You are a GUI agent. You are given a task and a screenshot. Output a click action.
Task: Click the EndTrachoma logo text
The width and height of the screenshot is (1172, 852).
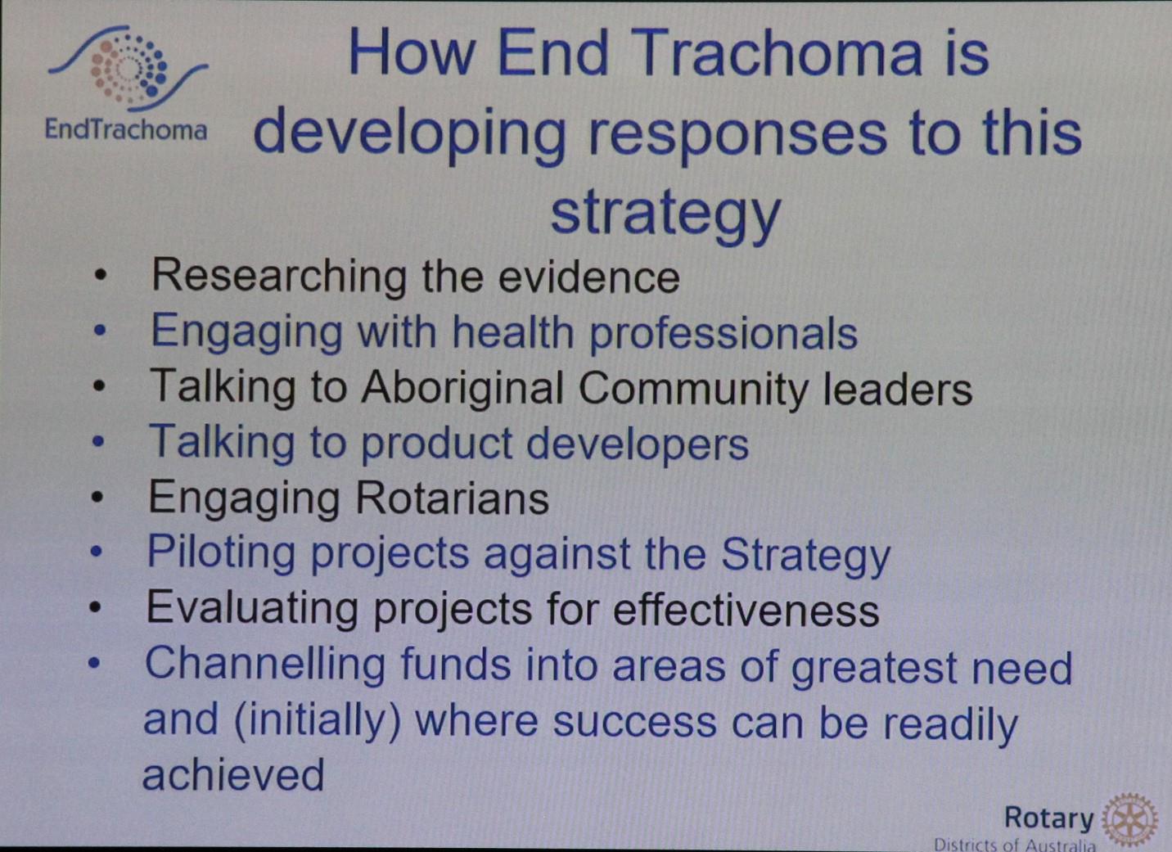[x=126, y=129]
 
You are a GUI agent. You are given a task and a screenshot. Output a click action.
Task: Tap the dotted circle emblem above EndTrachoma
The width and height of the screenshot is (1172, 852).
[x=128, y=68]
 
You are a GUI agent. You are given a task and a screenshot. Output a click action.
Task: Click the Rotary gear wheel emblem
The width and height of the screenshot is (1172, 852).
[x=1129, y=820]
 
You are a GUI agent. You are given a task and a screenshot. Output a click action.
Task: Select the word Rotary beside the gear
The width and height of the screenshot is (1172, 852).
[x=1049, y=818]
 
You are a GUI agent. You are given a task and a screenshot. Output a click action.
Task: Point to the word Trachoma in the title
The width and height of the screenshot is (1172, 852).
[x=779, y=53]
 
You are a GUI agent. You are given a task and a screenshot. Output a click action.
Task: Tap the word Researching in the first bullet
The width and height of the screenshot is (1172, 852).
[x=278, y=276]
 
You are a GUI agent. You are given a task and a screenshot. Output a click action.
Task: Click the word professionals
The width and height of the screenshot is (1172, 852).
[x=723, y=333]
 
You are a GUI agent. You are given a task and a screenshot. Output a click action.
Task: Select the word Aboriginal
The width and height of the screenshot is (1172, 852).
[x=462, y=388]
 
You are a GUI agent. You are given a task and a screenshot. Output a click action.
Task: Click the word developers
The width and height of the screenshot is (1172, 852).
[x=637, y=444]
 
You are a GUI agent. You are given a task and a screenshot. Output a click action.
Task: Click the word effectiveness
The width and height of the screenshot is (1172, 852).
[x=746, y=610]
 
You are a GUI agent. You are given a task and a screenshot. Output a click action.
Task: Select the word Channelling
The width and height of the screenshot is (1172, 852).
[x=264, y=665]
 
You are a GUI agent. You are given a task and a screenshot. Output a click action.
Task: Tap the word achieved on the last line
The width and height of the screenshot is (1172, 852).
[x=233, y=774]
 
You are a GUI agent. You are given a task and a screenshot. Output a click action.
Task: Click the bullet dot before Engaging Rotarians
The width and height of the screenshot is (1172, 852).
[x=97, y=498]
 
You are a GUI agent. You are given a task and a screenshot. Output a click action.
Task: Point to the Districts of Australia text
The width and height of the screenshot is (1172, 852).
[x=1015, y=845]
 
